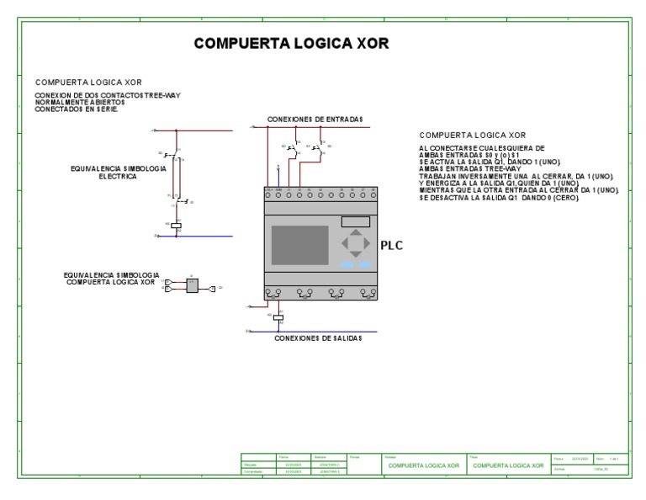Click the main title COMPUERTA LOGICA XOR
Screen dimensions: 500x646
292,44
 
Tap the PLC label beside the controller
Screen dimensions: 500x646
392,246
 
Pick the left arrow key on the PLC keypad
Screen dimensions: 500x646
345,244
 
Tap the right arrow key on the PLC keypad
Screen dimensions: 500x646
364,244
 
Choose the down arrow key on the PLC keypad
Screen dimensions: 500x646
354,255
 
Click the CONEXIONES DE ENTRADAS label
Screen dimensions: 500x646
315,120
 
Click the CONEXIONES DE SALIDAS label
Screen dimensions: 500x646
318,338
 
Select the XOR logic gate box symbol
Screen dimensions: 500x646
192,286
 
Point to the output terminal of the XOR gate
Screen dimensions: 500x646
212,287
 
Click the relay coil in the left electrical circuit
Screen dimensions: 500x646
177,226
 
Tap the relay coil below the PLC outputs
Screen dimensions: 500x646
278,317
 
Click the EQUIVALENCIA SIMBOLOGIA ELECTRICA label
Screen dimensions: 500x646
118,173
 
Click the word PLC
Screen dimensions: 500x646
392,246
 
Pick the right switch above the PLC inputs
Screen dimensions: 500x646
318,148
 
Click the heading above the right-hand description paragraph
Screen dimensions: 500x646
472,135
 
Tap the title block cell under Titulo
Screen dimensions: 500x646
508,465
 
